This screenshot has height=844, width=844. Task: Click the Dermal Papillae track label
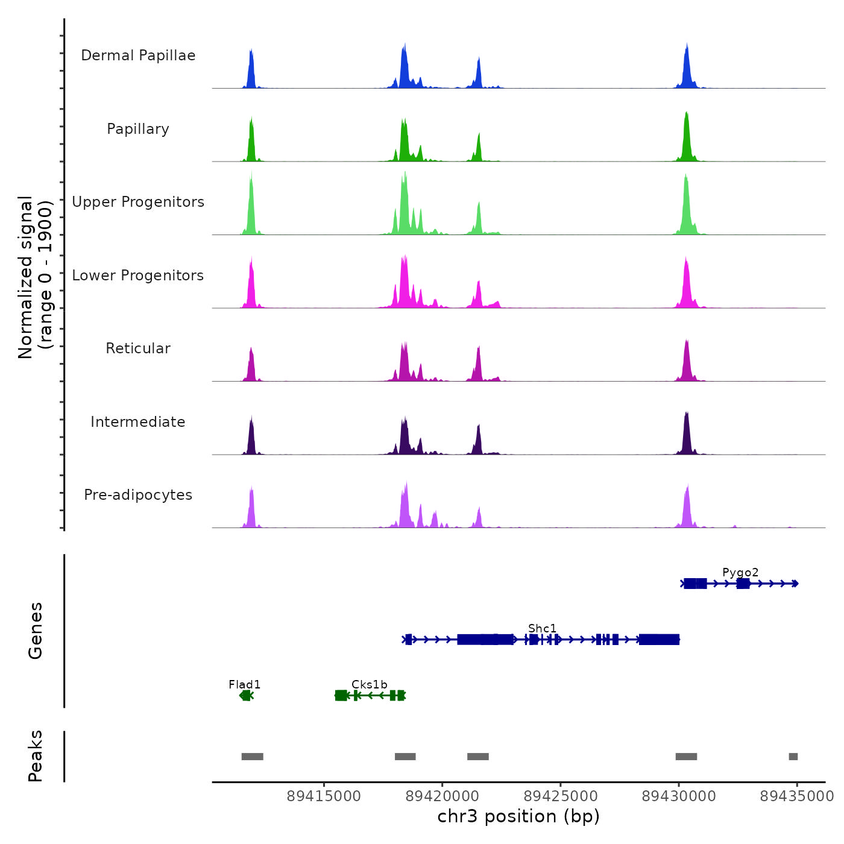(x=138, y=55)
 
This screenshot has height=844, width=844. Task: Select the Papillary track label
(x=138, y=129)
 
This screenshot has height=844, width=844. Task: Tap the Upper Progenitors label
(x=138, y=202)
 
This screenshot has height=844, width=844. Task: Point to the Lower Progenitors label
(x=138, y=276)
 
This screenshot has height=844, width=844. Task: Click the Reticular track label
(x=138, y=348)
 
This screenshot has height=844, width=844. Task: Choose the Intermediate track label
(x=138, y=422)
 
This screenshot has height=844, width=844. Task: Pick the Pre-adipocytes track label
(x=138, y=495)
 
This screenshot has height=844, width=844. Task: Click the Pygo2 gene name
(x=740, y=572)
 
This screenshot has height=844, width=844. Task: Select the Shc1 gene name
(x=543, y=628)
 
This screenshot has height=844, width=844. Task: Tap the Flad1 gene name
(x=245, y=684)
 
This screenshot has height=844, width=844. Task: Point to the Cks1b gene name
(x=370, y=684)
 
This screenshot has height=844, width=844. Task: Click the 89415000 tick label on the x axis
(x=324, y=796)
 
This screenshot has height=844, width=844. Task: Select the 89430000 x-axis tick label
(x=679, y=796)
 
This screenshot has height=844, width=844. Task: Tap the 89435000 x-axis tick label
(x=796, y=796)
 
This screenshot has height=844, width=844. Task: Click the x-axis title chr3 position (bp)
(x=518, y=816)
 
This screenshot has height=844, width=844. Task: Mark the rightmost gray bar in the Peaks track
(x=793, y=757)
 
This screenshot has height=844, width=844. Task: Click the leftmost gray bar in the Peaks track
(x=252, y=757)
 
